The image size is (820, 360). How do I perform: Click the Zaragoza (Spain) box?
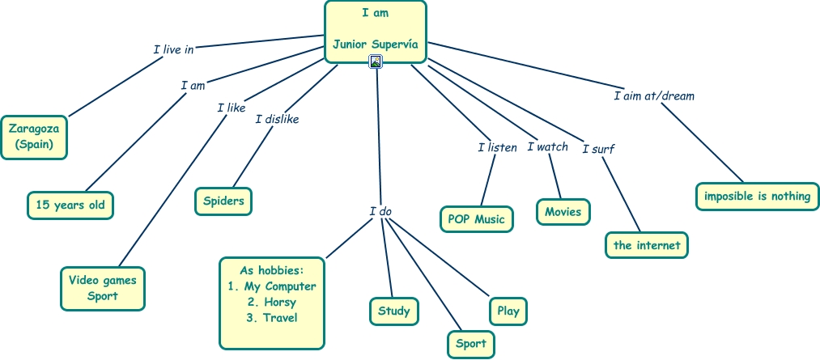coord(34,137)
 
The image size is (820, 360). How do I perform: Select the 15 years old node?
coord(70,205)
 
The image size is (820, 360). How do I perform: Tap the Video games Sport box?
coord(103,288)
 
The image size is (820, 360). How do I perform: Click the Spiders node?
coord(224,201)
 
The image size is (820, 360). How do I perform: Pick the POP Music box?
coord(477,219)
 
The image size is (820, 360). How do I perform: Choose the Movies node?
coord(563,212)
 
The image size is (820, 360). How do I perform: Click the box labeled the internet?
coord(647,245)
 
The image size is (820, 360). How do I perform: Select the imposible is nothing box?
coord(757,196)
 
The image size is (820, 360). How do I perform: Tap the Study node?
coord(394,311)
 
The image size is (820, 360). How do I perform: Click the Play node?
coord(508,311)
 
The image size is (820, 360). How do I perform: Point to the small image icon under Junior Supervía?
coord(376,61)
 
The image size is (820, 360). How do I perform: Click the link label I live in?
coord(173,49)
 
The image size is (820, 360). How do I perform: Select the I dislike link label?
coord(277,119)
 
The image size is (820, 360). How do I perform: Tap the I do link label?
coord(380,211)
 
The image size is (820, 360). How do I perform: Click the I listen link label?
coord(497,147)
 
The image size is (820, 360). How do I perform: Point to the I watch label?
coord(547,146)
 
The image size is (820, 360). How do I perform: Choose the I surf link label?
coord(598,148)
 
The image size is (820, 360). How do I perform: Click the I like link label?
coord(231,107)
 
